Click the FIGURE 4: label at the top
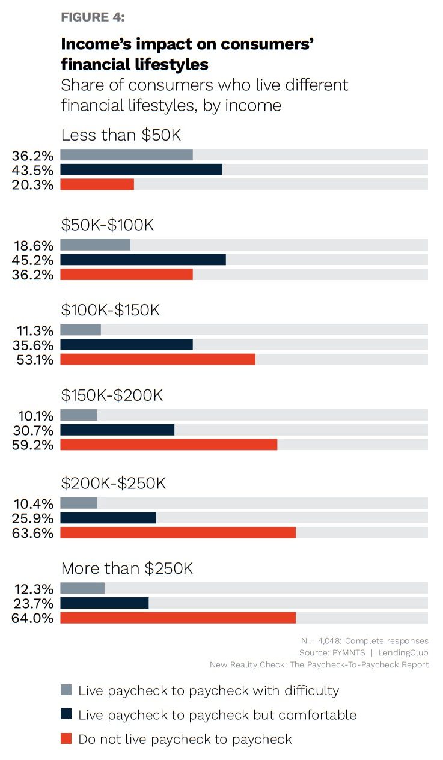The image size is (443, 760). click(x=93, y=17)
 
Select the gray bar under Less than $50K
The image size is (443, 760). click(x=126, y=155)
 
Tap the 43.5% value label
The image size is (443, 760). click(x=32, y=170)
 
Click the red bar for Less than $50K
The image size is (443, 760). click(x=97, y=184)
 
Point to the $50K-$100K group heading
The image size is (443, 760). click(x=108, y=225)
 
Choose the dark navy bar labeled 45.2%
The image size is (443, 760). click(x=143, y=260)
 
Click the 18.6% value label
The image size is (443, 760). click(x=32, y=246)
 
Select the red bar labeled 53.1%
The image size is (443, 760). click(x=157, y=360)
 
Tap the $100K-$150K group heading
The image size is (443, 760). click(x=111, y=311)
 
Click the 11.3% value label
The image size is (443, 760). click(x=32, y=331)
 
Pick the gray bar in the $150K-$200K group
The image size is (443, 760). click(x=79, y=415)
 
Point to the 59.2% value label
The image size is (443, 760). click(x=32, y=445)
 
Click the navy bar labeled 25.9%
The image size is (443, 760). click(x=108, y=518)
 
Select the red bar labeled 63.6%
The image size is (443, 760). click(x=178, y=533)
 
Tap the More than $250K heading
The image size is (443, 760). click(x=127, y=568)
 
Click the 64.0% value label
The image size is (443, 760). click(x=32, y=618)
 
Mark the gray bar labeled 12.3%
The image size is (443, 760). click(x=82, y=588)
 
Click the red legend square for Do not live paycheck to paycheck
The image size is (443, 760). click(x=66, y=738)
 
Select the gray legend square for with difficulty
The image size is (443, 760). click(x=66, y=690)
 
